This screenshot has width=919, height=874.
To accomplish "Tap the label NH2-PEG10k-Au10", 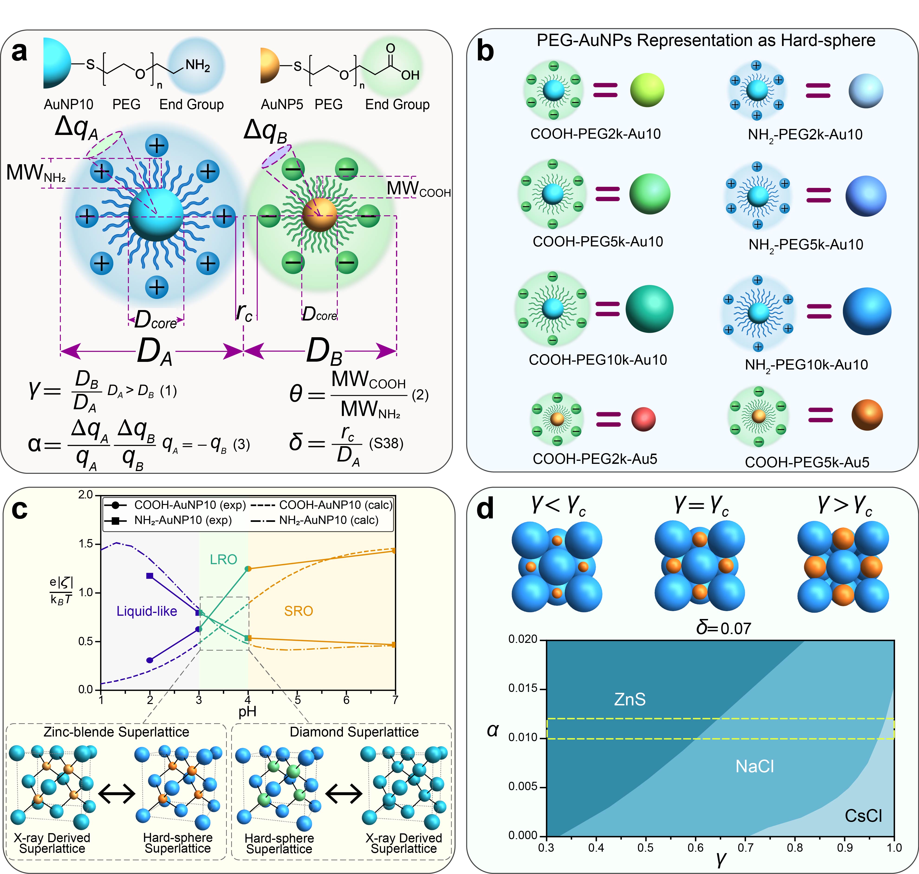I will coord(806,365).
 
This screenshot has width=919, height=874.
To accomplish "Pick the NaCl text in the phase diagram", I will coord(754,766).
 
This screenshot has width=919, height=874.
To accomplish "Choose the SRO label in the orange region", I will coord(299,611).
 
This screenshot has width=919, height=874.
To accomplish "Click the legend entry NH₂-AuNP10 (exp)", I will coord(182,520).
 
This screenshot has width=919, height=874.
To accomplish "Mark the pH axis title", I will coord(247,711).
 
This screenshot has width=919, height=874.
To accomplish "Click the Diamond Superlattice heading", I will coord(354,732).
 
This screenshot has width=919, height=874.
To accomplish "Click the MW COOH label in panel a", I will coord(419,189).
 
